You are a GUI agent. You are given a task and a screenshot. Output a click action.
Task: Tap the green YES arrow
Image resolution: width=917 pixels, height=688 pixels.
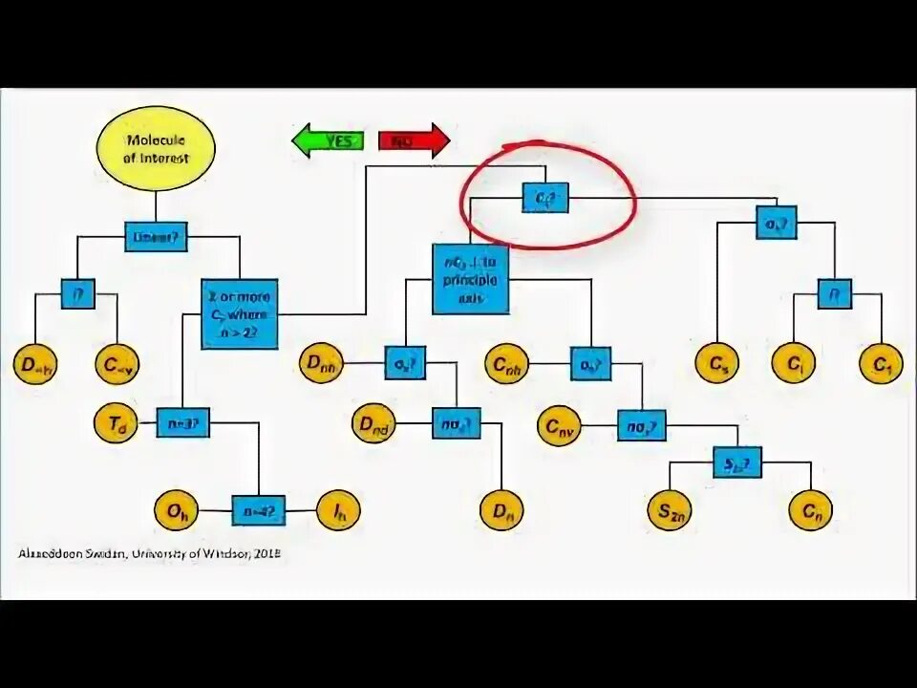pyautogui.click(x=328, y=140)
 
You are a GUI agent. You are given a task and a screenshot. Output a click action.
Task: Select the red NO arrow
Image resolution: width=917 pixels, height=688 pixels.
pyautogui.click(x=414, y=140)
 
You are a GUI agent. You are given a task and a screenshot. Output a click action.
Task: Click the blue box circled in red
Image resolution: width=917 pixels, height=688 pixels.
pyautogui.click(x=545, y=197)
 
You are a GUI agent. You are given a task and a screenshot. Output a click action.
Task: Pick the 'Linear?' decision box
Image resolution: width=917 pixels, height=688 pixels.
pyautogui.click(x=156, y=236)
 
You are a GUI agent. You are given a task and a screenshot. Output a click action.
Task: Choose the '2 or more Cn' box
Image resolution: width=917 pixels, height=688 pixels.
pyautogui.click(x=239, y=313)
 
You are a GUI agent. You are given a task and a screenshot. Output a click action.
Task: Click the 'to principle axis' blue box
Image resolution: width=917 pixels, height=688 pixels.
pyautogui.click(x=470, y=279)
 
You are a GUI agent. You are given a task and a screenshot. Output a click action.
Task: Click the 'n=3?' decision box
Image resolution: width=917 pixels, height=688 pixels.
pyautogui.click(x=182, y=423)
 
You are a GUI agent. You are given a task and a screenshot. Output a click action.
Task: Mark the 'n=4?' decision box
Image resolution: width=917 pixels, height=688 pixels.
pyautogui.click(x=258, y=510)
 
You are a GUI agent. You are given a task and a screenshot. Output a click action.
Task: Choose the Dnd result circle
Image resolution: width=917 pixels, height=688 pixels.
pyautogui.click(x=374, y=424)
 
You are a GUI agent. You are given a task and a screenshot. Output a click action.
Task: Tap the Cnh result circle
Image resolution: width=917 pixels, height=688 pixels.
pyautogui.click(x=508, y=364)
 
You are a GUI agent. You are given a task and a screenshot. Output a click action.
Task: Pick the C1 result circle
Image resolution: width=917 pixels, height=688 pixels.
pyautogui.click(x=880, y=364)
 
